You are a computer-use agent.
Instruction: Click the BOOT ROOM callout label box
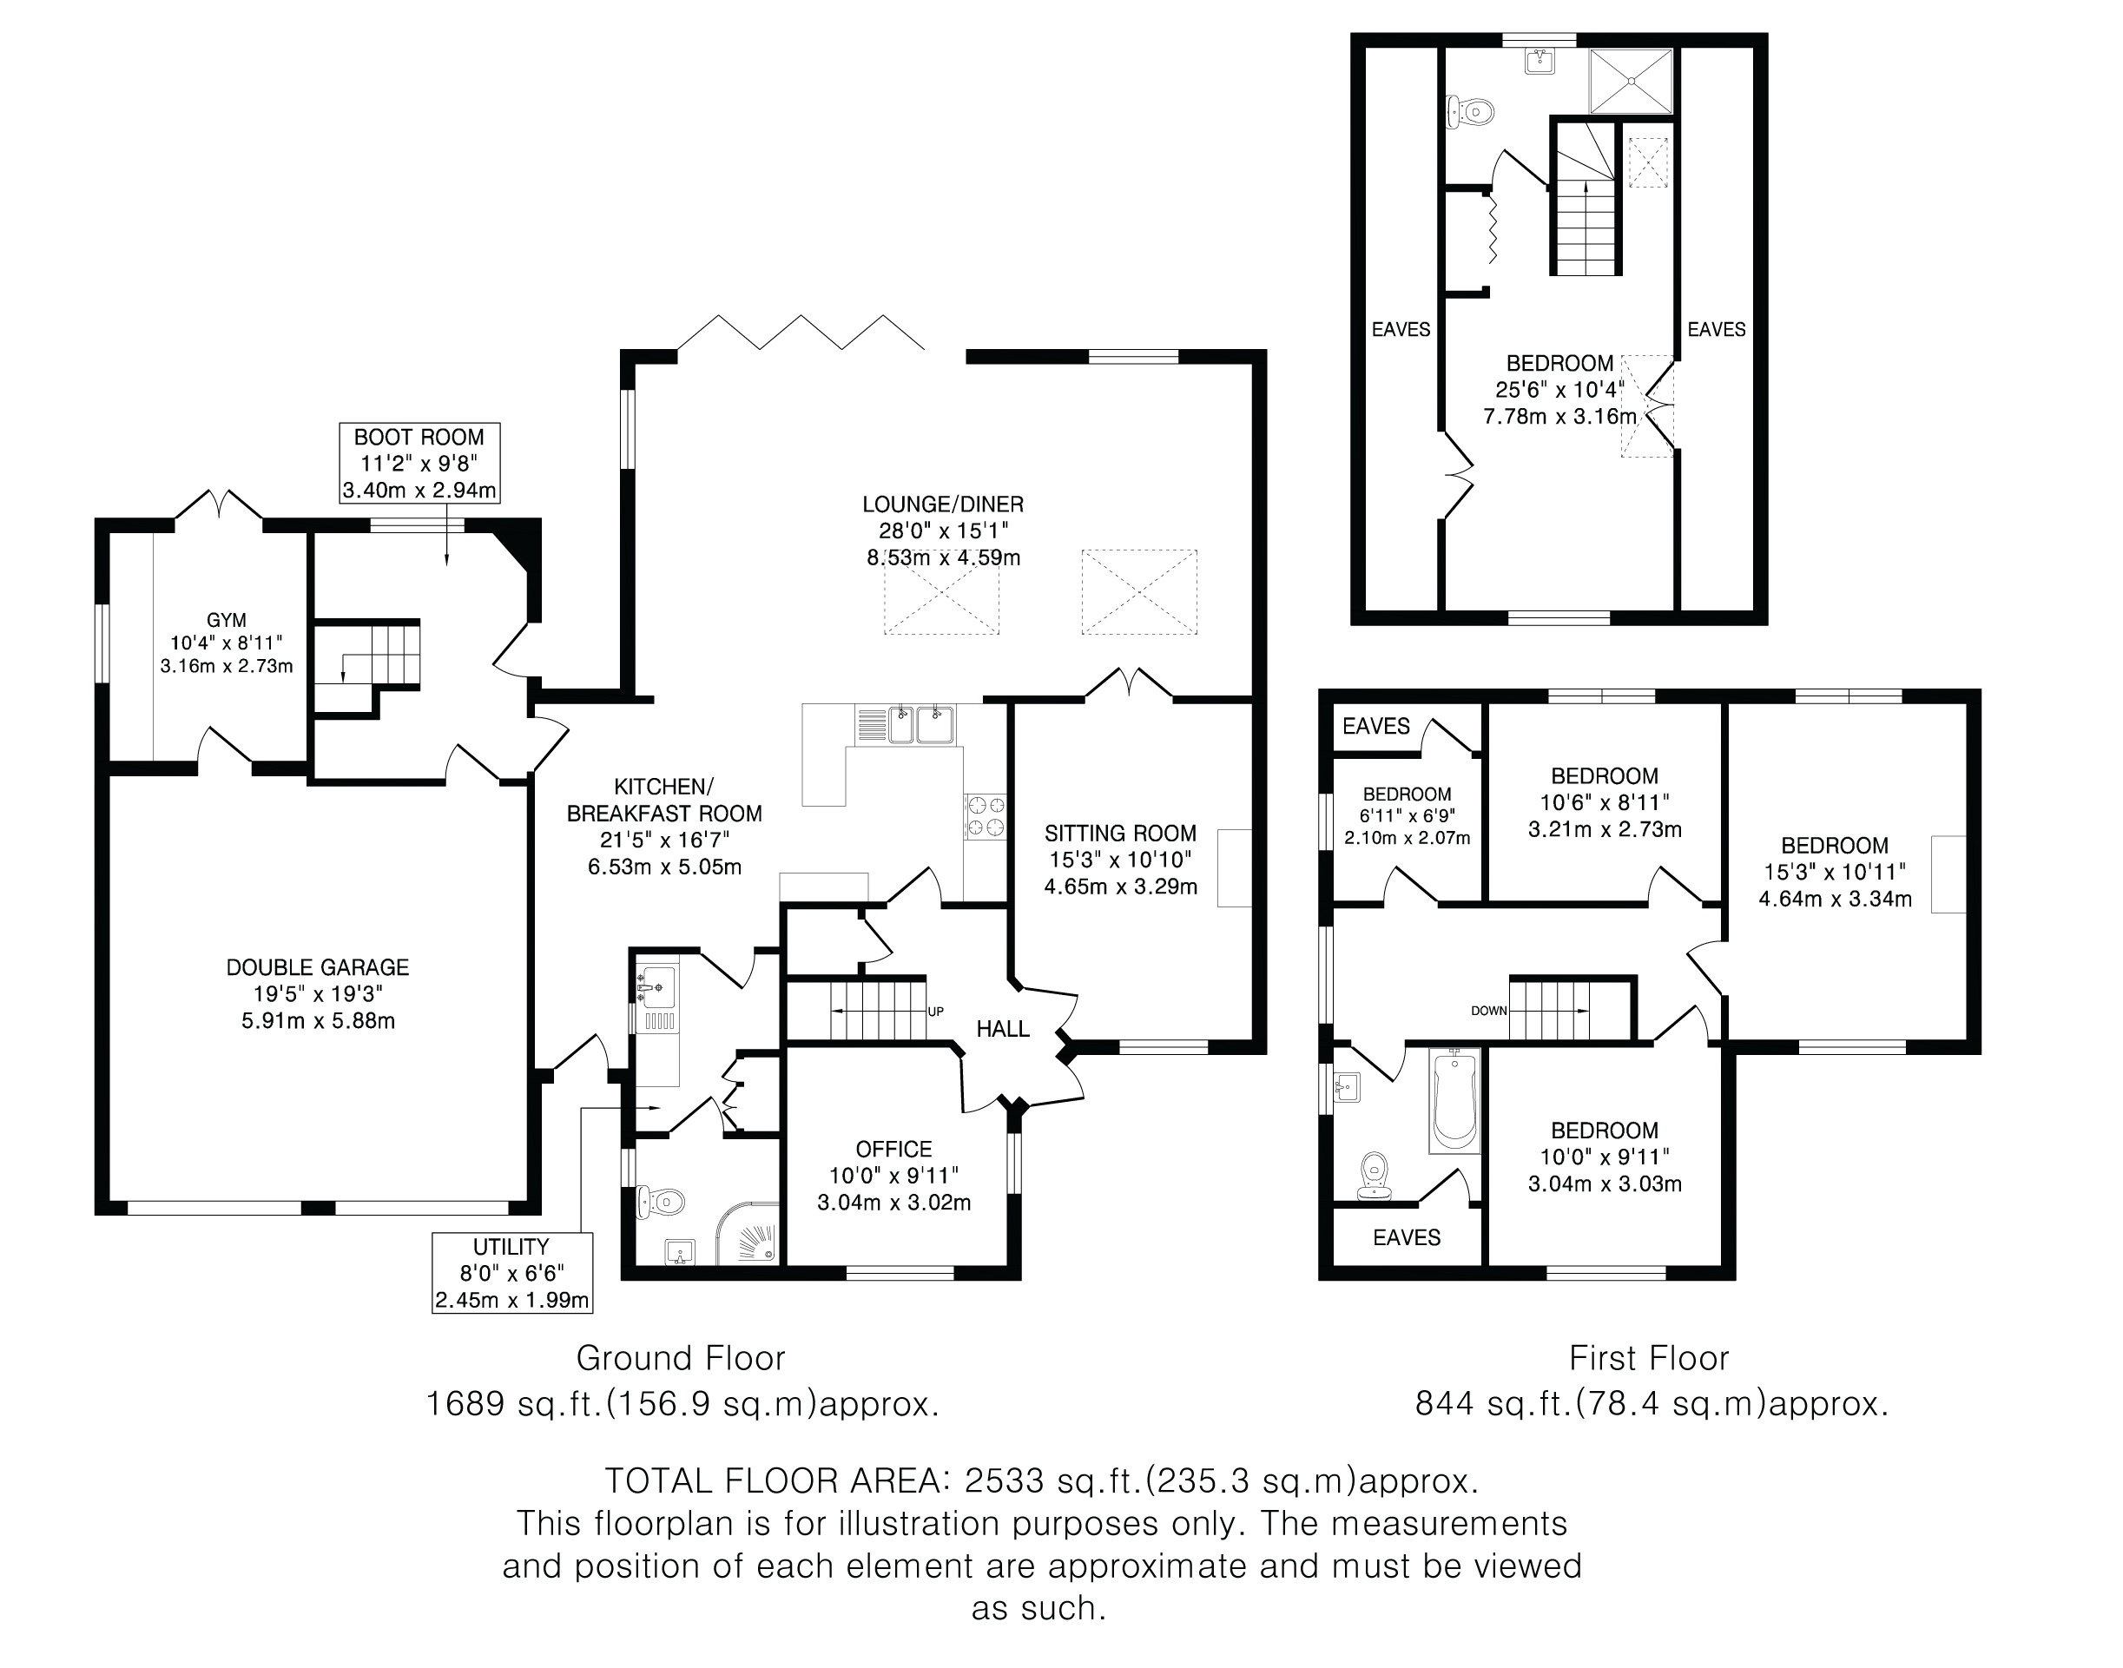coord(420,463)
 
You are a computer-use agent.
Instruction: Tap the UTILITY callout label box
coord(511,1272)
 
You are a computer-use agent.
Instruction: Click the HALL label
coord(1003,1028)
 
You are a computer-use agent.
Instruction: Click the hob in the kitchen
coord(986,816)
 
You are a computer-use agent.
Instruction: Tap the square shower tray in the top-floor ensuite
coord(1631,81)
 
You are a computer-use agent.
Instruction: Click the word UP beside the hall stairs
coord(935,1012)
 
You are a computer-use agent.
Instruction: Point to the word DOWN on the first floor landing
coord(1488,1011)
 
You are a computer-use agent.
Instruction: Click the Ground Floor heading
coord(681,1357)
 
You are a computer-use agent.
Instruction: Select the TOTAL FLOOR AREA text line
coord(1041,1480)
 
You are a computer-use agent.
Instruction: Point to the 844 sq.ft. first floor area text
coord(1652,1403)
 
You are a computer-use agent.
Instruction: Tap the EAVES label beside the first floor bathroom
coord(1407,1237)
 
